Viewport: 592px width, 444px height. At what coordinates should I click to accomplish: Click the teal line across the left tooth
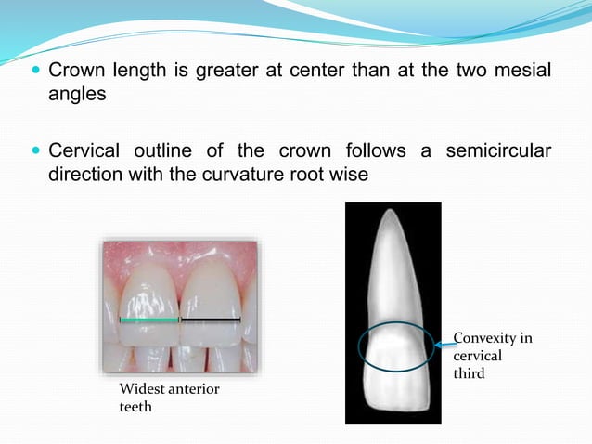click(148, 320)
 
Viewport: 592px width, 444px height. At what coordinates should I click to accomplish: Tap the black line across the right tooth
click(211, 320)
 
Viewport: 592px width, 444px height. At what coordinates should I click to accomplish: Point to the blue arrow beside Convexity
click(444, 344)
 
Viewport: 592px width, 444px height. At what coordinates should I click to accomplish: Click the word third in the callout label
click(469, 373)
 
